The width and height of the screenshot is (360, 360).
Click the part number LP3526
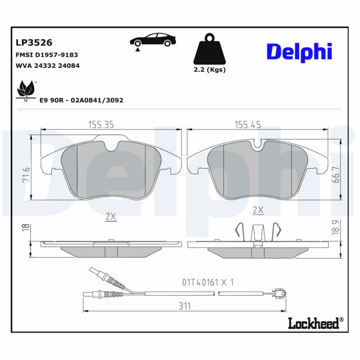point(34,43)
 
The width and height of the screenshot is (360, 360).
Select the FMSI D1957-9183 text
point(47,55)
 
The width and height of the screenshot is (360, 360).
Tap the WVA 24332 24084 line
point(48,66)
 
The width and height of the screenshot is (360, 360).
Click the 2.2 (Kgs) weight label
point(209,70)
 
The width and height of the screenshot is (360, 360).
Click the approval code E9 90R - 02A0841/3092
point(81,100)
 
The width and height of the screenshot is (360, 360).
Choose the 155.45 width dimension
point(247,124)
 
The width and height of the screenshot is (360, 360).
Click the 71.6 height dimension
point(27,175)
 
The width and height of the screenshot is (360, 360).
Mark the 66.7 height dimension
point(335,173)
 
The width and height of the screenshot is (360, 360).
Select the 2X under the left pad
point(110,216)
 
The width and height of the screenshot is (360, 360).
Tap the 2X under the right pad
point(258,210)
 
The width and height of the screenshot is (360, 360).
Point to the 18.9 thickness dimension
point(336,228)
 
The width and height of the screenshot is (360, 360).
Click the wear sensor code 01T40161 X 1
point(207,283)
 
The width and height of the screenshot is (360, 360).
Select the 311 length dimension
point(184,306)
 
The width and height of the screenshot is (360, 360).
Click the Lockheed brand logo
point(315,322)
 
